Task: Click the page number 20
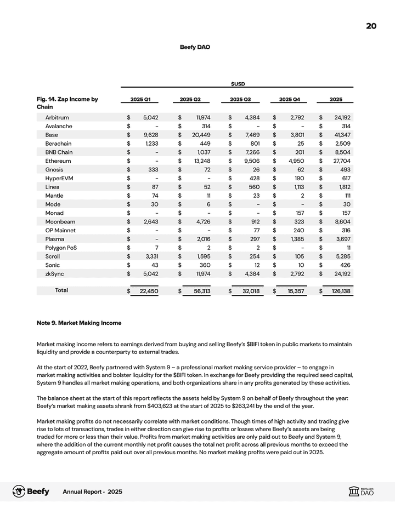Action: [371, 26]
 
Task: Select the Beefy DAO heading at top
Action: [195, 47]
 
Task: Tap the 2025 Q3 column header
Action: [240, 99]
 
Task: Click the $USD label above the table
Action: [237, 83]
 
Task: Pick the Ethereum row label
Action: [59, 161]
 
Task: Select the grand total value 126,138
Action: [341, 291]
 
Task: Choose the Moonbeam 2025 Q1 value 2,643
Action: [150, 221]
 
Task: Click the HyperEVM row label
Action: [60, 178]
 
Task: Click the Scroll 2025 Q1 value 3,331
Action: [150, 256]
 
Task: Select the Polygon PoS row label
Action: [63, 248]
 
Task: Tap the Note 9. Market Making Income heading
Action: [78, 323]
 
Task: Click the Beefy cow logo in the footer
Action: [20, 491]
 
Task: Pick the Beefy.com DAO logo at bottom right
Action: [362, 491]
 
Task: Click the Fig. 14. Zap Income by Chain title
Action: [67, 102]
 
